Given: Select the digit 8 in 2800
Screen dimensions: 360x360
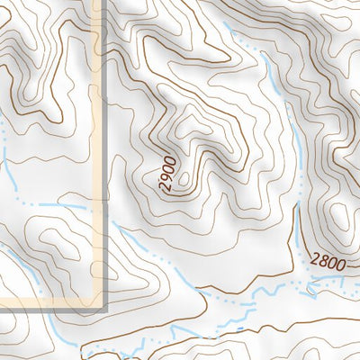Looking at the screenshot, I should click(x=320, y=262).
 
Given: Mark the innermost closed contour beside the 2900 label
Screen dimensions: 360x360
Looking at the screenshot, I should click(x=184, y=184).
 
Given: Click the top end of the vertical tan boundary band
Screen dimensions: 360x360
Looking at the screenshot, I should click(x=97, y=3).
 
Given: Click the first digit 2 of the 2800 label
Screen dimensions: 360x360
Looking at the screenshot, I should click(x=311, y=261).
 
